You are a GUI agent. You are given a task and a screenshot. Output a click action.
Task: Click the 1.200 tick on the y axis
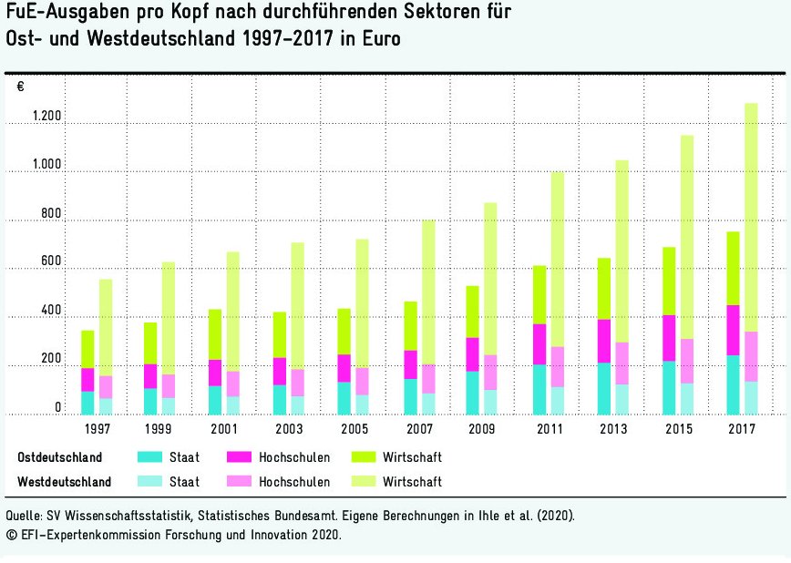click(46, 118)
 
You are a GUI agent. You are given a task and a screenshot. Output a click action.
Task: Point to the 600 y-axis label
click(51, 262)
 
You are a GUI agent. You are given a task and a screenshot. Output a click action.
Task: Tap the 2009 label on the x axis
click(483, 429)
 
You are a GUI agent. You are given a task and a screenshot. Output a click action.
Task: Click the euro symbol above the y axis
click(21, 87)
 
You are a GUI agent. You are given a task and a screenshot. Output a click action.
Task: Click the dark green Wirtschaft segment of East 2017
click(733, 268)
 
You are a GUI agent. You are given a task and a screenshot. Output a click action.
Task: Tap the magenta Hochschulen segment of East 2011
click(539, 343)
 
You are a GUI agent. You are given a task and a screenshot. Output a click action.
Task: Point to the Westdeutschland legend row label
click(65, 481)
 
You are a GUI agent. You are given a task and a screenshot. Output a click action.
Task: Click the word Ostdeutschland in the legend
click(60, 457)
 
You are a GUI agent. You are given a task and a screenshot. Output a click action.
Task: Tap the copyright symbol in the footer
click(11, 536)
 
